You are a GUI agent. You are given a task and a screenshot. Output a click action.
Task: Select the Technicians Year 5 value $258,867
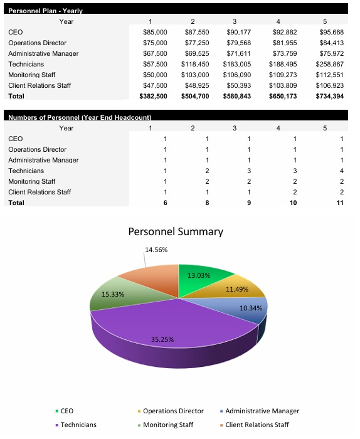coord(330,64)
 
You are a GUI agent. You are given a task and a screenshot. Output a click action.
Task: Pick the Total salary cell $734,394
coord(329,96)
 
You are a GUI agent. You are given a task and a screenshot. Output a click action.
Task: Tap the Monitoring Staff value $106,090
coord(238,75)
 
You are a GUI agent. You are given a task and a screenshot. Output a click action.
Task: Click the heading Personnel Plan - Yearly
coord(45,11)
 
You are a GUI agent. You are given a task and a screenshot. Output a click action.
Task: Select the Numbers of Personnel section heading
coord(80,118)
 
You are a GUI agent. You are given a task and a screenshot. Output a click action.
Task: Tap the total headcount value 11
coord(341,203)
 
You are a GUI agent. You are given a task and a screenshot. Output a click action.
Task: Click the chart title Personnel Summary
coord(176,231)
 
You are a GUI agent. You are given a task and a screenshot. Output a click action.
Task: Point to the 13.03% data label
coord(199,275)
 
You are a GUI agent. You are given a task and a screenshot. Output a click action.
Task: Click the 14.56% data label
coord(156,250)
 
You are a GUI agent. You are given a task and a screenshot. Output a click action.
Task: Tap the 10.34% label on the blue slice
coord(251,308)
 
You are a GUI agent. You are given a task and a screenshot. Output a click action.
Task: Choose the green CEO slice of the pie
coord(207,279)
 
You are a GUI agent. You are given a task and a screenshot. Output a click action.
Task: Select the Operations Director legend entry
coord(172,411)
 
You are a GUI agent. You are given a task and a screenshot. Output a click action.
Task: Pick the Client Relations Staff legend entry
coord(257,425)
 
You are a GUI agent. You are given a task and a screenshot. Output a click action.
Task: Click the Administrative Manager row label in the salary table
coord(43,53)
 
